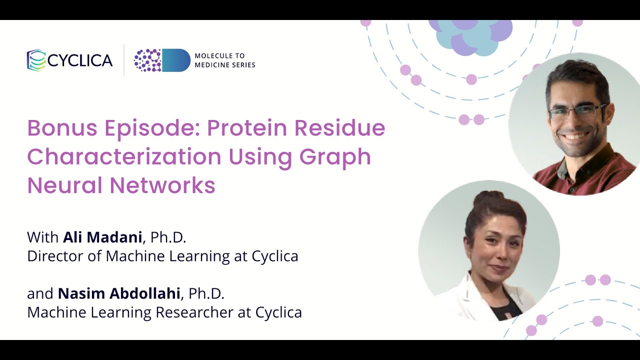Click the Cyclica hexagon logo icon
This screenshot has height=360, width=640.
(x=36, y=60)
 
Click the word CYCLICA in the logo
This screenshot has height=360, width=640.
(x=80, y=60)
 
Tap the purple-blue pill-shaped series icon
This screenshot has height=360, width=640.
(x=162, y=60)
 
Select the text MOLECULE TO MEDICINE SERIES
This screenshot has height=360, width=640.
(x=224, y=60)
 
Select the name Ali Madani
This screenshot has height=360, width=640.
(x=102, y=237)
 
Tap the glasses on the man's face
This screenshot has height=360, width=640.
(x=577, y=112)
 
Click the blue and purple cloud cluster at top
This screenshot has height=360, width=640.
(x=470, y=35)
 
